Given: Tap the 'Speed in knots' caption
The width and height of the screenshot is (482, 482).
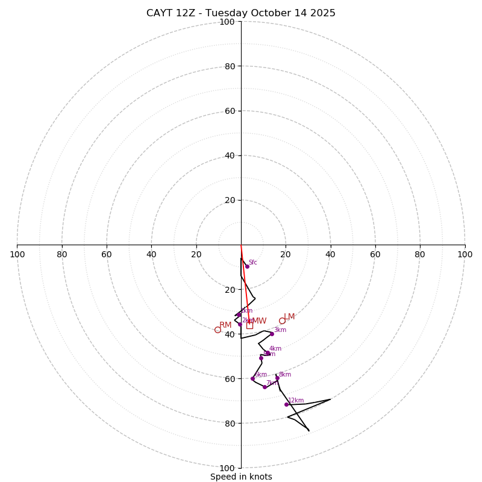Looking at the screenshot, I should (241, 477).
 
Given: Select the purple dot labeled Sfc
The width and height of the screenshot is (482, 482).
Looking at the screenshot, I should (247, 266).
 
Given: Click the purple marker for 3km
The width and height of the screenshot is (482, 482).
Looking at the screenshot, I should (272, 334).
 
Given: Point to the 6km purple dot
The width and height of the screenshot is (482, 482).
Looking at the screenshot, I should (252, 378).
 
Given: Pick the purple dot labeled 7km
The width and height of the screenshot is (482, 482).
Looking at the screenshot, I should (264, 387).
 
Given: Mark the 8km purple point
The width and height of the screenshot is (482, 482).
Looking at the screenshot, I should (277, 378).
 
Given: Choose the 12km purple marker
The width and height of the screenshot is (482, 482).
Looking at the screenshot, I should (287, 404).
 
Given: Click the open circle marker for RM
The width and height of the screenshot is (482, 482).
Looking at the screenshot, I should (218, 330).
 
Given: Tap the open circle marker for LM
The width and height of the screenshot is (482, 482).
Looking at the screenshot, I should (282, 321).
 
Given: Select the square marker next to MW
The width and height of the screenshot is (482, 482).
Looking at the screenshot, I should (249, 325).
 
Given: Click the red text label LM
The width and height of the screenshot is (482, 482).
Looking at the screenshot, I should (289, 317).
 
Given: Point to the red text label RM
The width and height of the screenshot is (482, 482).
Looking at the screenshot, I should (225, 325).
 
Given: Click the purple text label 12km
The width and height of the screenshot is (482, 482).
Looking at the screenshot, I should (296, 400).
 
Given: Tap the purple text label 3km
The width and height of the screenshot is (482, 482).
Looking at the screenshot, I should (280, 330).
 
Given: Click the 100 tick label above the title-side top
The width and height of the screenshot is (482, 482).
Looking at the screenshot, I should (227, 22).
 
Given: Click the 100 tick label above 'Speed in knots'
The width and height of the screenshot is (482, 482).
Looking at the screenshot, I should (227, 468).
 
